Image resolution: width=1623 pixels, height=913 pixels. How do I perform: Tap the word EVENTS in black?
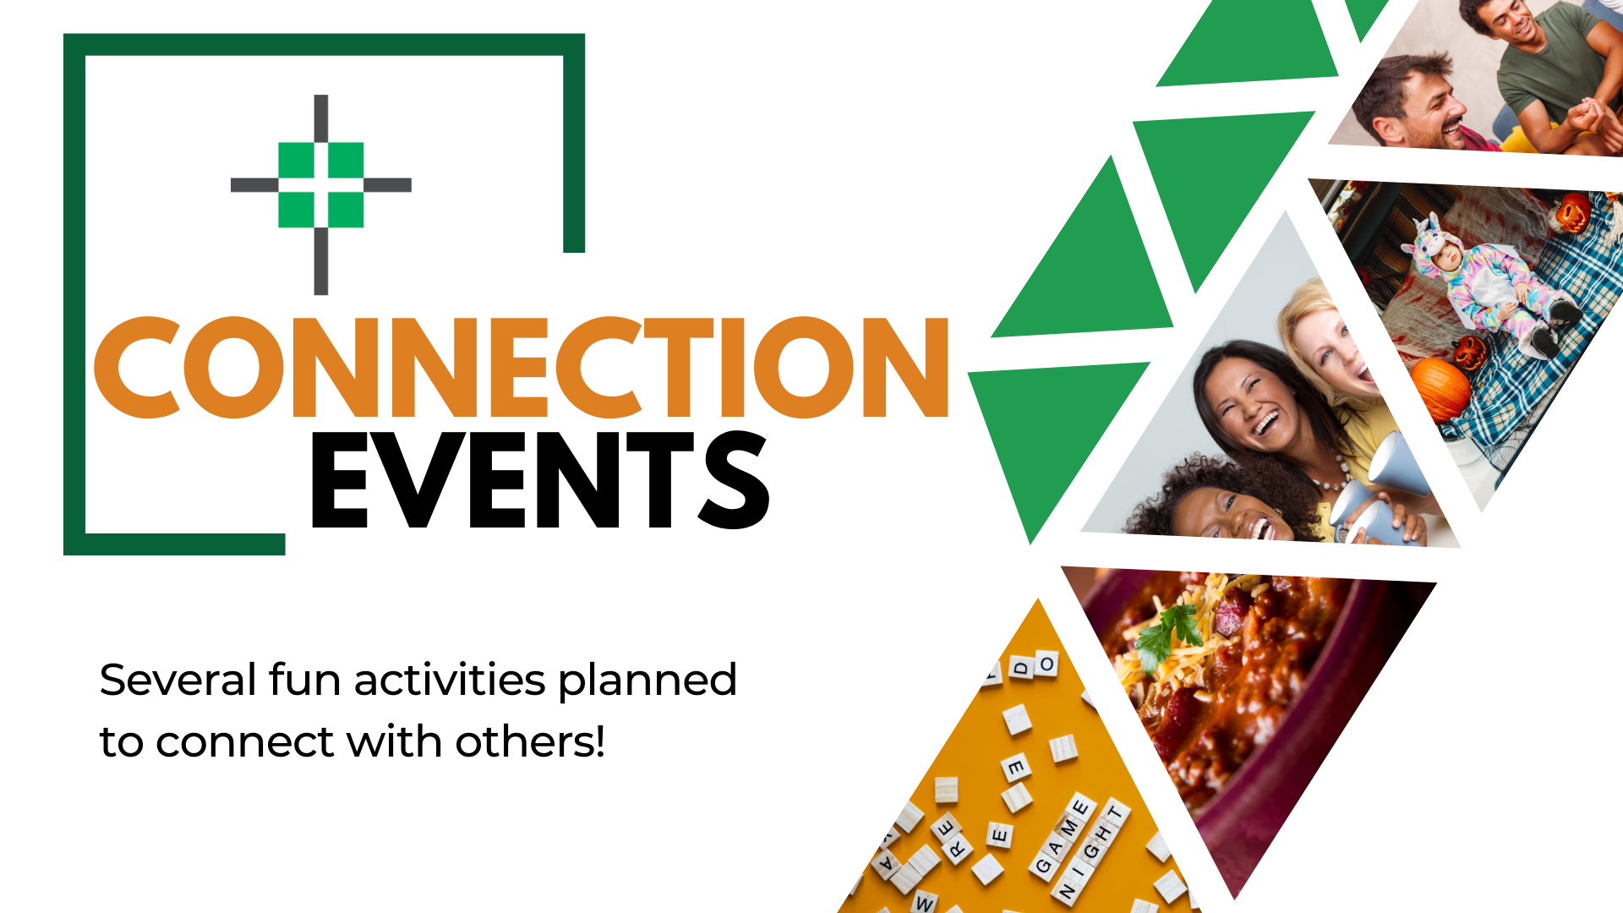click(539, 480)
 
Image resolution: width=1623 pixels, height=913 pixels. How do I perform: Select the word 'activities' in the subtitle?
click(450, 680)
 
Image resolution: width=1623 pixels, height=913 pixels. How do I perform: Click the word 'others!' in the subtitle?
click(530, 742)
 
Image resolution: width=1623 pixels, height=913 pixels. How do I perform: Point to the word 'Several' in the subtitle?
click(178, 680)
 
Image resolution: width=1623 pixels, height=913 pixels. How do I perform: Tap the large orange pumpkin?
click(1440, 388)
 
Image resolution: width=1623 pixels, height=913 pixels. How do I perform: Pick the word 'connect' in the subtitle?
click(246, 742)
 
